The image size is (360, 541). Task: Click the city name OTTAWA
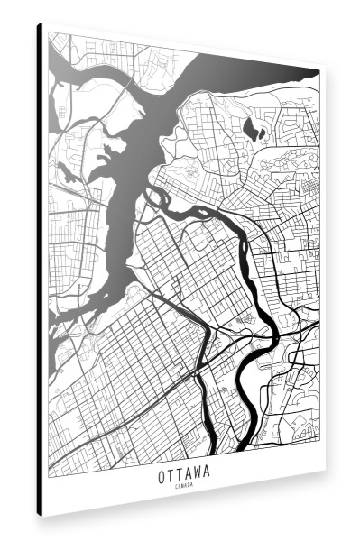click(183, 471)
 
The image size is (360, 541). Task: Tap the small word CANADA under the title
click(183, 485)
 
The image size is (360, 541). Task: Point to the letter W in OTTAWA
click(198, 471)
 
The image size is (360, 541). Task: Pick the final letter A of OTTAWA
click(208, 472)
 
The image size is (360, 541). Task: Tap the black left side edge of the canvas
click(39, 270)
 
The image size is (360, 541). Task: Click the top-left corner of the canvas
click(42, 24)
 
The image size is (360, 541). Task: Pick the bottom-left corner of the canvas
click(42, 517)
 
